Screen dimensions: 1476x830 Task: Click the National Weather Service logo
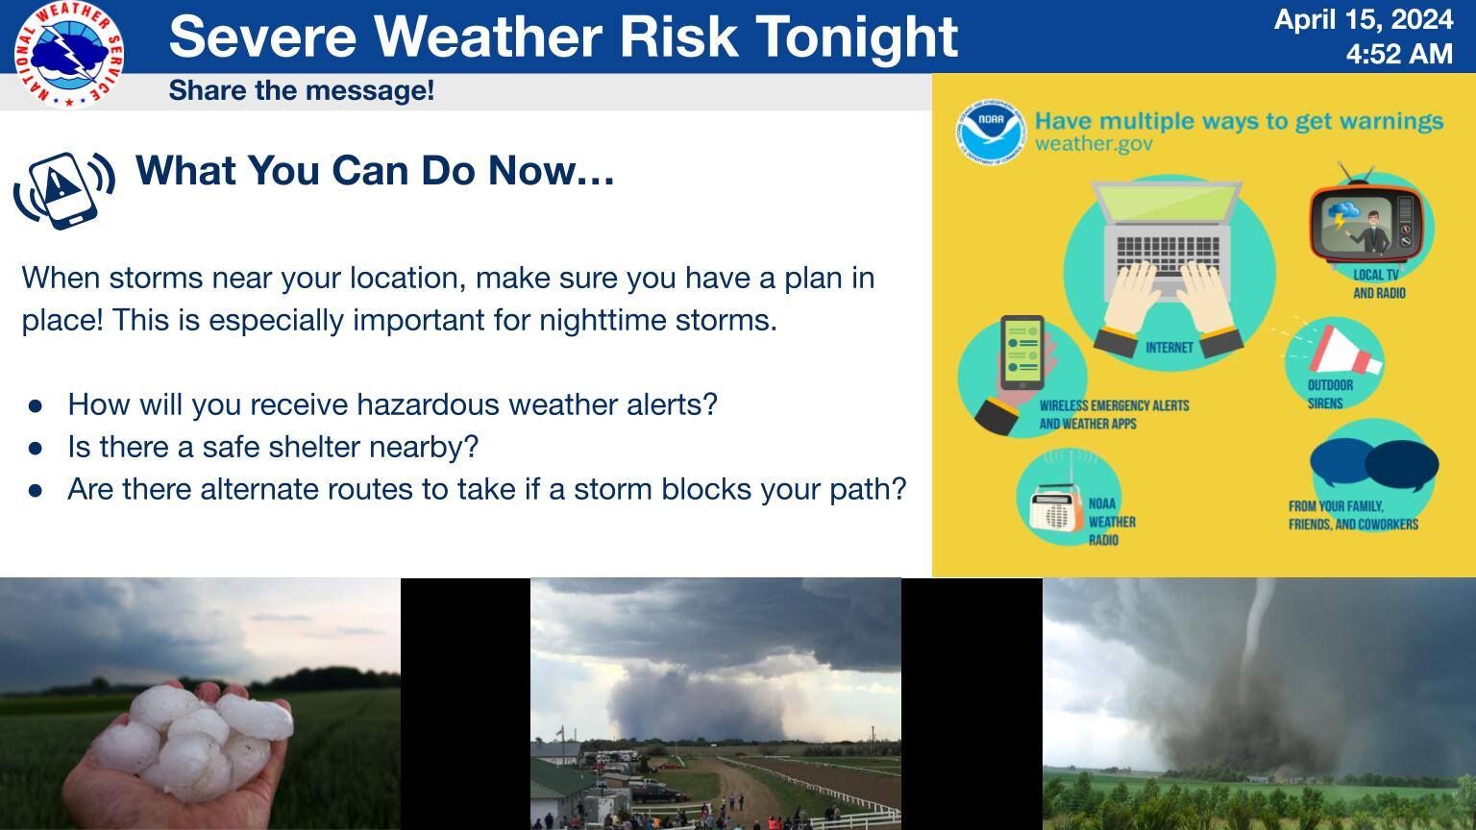coord(69,54)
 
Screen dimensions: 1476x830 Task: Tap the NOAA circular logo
coord(991,132)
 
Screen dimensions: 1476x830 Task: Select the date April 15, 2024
coord(1364,19)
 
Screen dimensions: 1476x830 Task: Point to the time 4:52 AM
coord(1399,54)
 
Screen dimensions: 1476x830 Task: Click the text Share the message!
coord(302,91)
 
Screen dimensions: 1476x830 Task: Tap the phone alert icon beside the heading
coord(64,190)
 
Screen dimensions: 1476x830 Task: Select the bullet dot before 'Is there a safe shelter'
coord(36,449)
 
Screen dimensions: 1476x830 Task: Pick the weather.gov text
coord(1094,143)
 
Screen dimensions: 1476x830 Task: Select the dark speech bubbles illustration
coord(1374,463)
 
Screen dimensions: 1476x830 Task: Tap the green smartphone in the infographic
coord(1022,353)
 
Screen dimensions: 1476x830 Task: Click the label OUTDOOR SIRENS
coord(1330,394)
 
